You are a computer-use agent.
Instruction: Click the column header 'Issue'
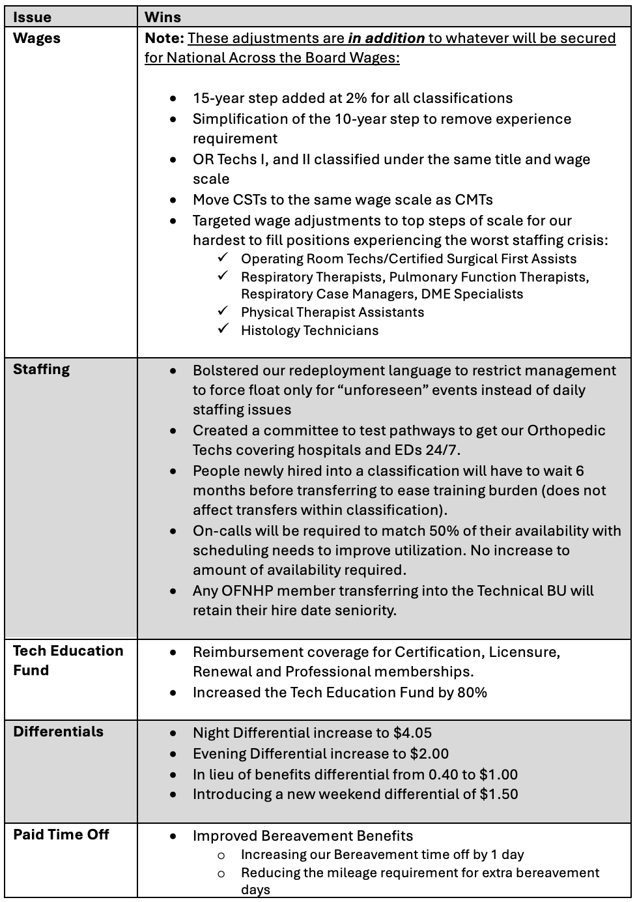(32, 17)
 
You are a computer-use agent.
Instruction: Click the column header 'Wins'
(163, 17)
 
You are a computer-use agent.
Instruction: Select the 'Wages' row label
(36, 38)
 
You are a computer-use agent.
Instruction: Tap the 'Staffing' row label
(41, 369)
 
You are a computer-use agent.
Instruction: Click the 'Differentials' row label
(58, 731)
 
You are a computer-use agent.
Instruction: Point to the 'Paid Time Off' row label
(61, 834)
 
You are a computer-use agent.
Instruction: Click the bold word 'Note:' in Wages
(164, 38)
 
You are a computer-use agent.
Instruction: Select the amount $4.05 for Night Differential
(412, 733)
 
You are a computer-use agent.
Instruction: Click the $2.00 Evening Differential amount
(429, 754)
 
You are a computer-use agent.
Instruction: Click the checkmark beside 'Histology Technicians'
(223, 329)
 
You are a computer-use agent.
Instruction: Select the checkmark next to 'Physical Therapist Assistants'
(223, 311)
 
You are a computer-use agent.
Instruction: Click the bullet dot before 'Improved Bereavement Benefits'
(173, 836)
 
